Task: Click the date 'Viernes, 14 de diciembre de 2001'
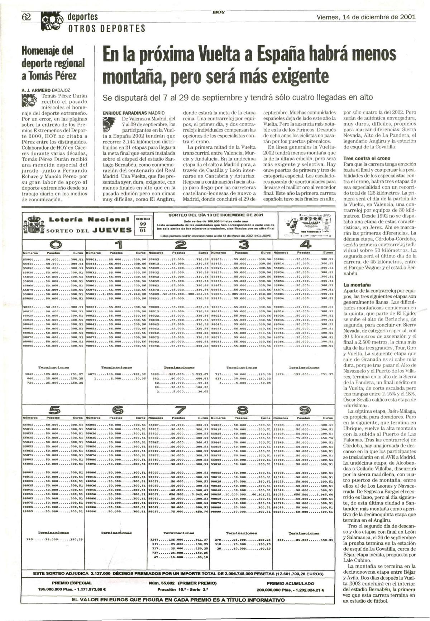tap(366, 17)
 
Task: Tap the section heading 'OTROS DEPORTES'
tap(107, 28)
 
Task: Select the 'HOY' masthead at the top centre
tap(219, 12)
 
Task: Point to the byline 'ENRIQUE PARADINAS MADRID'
tap(133, 112)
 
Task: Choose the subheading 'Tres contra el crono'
tap(367, 158)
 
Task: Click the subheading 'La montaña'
tap(357, 285)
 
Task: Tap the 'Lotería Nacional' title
tap(89, 219)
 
